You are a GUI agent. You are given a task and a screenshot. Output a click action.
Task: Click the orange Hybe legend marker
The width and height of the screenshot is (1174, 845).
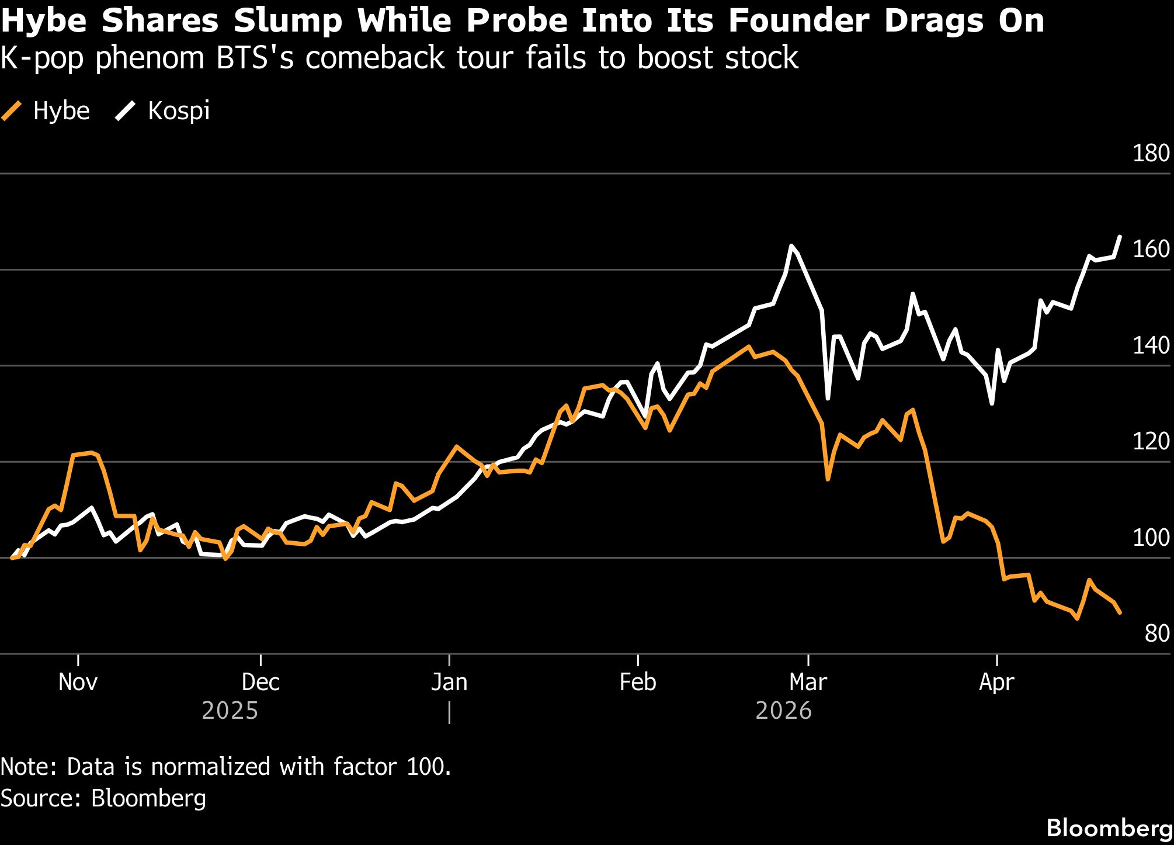[12, 111]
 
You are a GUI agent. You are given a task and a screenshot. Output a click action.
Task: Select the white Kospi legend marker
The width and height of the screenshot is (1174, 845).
[126, 111]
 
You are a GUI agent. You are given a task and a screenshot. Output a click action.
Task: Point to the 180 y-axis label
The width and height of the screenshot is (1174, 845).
[1151, 153]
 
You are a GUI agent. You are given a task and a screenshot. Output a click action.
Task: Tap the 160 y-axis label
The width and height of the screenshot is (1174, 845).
[1151, 249]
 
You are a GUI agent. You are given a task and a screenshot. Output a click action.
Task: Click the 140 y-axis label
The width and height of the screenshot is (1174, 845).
[1151, 345]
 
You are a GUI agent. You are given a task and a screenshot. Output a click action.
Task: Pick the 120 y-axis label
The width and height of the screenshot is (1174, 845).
[1151, 441]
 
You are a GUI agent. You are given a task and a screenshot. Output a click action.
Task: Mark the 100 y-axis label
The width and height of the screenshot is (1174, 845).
[1151, 538]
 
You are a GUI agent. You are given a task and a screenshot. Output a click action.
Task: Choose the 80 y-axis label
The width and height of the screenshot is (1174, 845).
[1156, 633]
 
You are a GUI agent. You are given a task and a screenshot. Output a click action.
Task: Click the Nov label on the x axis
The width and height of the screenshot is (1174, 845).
[78, 683]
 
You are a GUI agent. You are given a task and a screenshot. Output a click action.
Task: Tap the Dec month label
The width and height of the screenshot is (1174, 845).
[260, 683]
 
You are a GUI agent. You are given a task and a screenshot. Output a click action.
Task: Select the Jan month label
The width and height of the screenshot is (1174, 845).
[449, 683]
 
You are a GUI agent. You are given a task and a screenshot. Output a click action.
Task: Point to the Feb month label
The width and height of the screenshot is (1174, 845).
[638, 683]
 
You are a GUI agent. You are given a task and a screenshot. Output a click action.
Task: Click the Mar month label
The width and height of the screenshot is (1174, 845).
[808, 683]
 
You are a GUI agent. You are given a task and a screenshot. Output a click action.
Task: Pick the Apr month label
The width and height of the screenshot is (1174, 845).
[996, 683]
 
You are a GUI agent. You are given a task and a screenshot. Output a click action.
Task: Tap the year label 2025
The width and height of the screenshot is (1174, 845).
[230, 711]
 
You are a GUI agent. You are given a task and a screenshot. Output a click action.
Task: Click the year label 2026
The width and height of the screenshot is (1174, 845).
[783, 711]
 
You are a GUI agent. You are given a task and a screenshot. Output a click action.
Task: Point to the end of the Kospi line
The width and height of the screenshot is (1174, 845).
[1120, 237]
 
